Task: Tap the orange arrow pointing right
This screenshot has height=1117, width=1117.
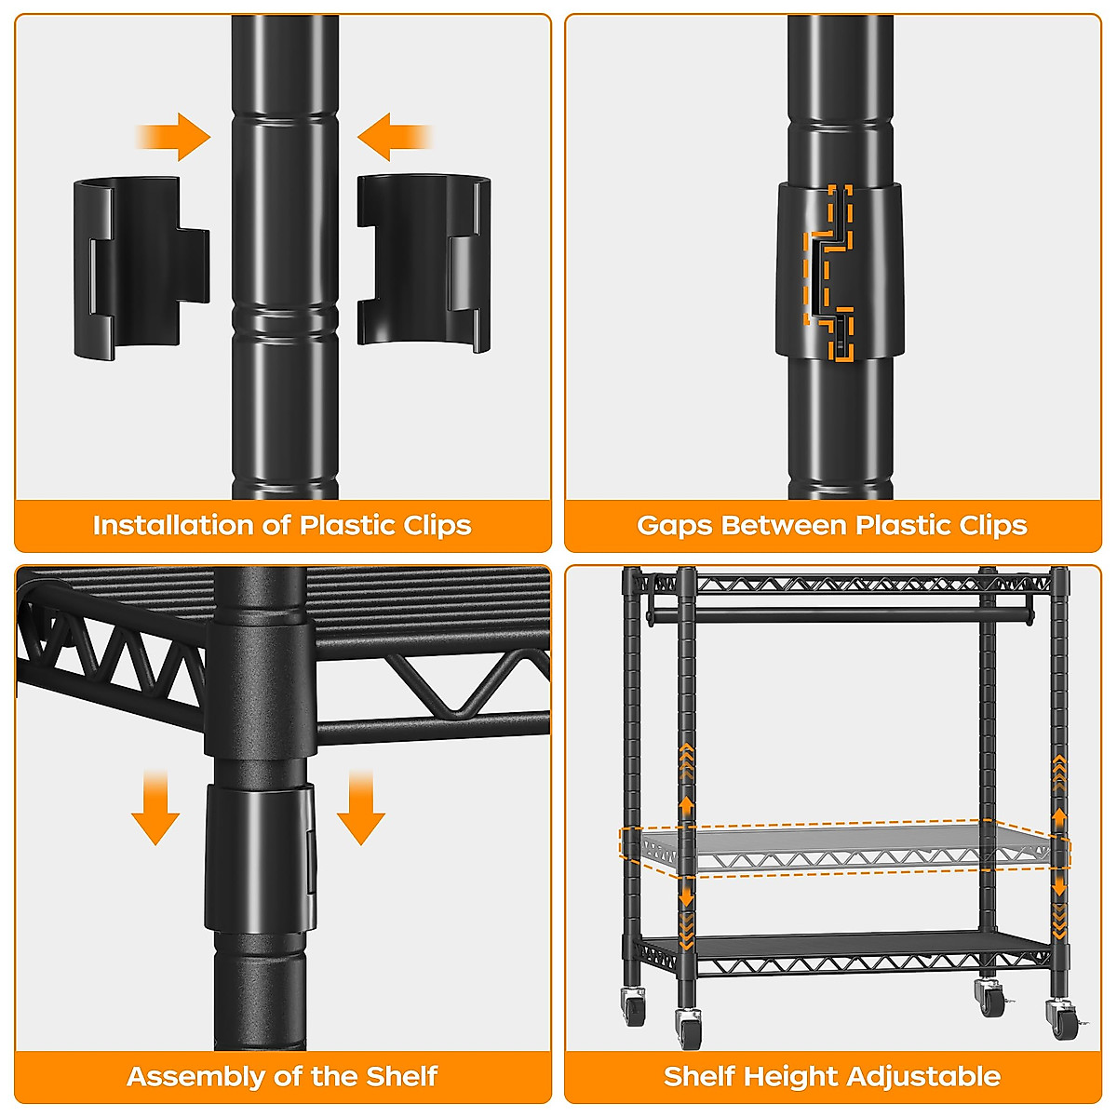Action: pos(177,138)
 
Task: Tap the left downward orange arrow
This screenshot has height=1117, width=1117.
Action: pos(155,810)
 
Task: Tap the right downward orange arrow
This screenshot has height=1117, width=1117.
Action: pos(361,810)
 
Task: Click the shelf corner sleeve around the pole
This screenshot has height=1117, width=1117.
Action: pos(258,689)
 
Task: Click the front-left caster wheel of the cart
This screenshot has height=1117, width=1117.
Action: pos(690,1028)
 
